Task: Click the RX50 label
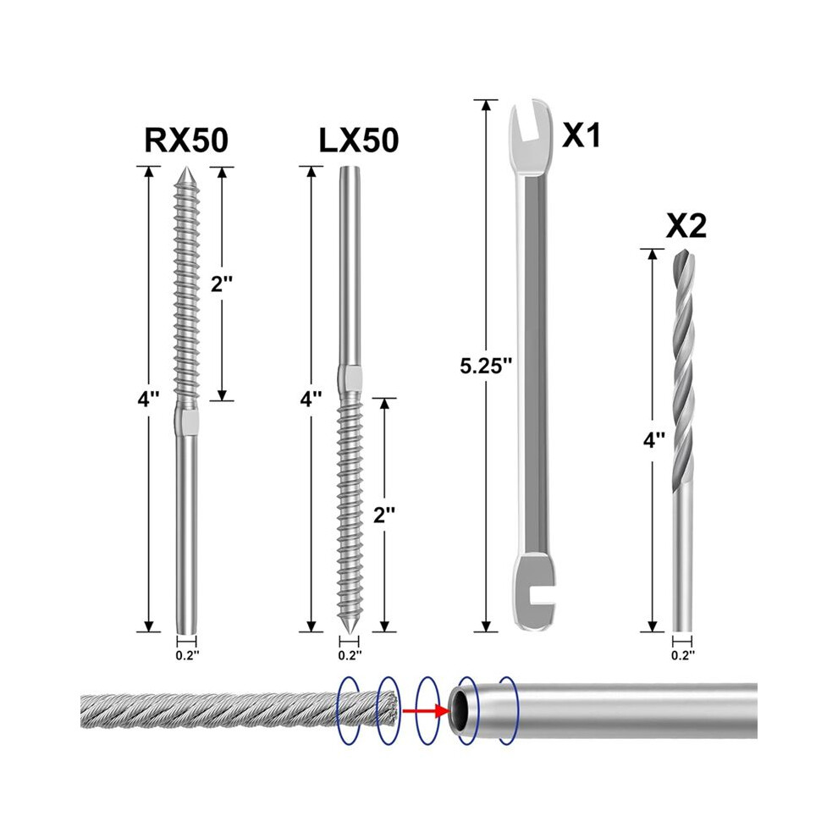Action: pyautogui.click(x=186, y=140)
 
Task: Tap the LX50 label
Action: pyautogui.click(x=359, y=140)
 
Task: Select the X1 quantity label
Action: pyautogui.click(x=581, y=135)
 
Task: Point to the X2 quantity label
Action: pyautogui.click(x=686, y=226)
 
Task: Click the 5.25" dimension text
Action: pyautogui.click(x=486, y=367)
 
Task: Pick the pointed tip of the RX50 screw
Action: pyautogui.click(x=186, y=168)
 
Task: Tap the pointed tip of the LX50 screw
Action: pyautogui.click(x=349, y=632)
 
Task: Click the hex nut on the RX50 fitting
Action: pyautogui.click(x=186, y=422)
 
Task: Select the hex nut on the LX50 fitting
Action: pyautogui.click(x=350, y=378)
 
